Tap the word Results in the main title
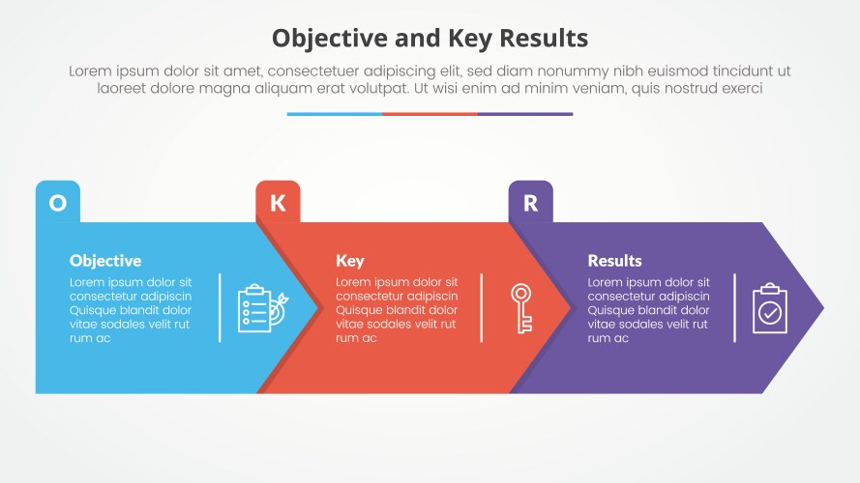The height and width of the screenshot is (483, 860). click(541, 38)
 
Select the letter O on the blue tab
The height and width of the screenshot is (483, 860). click(58, 203)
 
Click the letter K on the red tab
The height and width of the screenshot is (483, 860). click(278, 203)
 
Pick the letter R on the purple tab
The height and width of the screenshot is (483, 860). click(530, 203)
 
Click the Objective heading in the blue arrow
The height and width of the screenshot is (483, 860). click(105, 261)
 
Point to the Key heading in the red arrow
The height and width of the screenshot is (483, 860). click(349, 261)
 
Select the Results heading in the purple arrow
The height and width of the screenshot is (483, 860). click(614, 261)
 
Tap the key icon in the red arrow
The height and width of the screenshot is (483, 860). click(521, 308)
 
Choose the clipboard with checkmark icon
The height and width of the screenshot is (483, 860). click(770, 308)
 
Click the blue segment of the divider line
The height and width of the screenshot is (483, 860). click(334, 114)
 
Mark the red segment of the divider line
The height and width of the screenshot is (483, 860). click(430, 114)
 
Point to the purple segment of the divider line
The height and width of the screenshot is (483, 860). click(525, 114)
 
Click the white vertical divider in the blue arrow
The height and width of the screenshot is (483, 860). click(220, 308)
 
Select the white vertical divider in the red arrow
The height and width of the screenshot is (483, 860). click(481, 308)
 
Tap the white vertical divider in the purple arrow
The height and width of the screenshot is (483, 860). click(734, 308)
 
